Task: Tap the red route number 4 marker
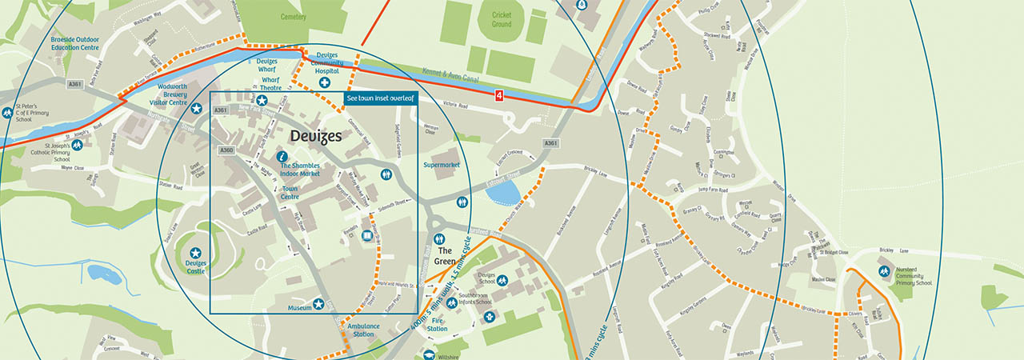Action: (x=500, y=95)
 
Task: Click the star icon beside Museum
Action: (x=318, y=304)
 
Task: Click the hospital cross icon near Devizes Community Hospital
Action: (x=325, y=82)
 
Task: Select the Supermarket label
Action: (x=442, y=165)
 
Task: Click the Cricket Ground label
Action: (x=501, y=20)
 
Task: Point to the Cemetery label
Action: (x=294, y=16)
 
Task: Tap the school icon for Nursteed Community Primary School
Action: (x=884, y=271)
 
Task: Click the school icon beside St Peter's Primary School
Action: (x=7, y=113)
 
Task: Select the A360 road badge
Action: (x=226, y=150)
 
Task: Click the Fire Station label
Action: (x=437, y=324)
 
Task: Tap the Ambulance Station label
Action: (x=362, y=330)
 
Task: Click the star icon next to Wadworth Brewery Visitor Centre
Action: (x=195, y=108)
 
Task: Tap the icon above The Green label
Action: (x=438, y=239)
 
